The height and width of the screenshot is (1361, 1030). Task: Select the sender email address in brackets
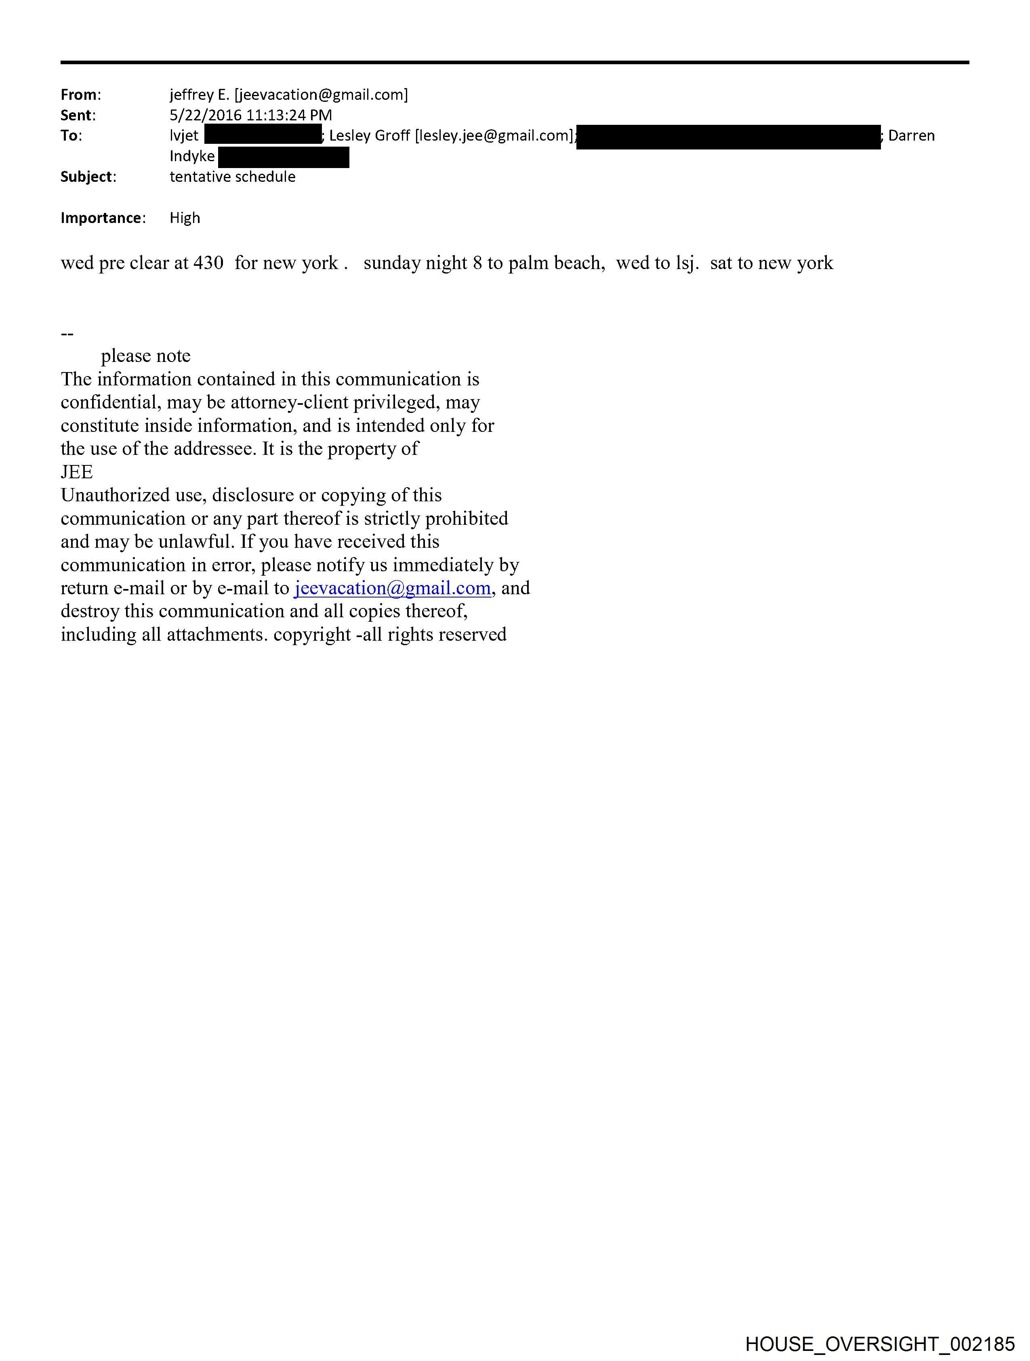[321, 95]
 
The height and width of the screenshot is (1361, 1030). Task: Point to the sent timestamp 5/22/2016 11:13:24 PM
[250, 115]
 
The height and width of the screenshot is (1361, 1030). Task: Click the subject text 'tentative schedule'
[233, 177]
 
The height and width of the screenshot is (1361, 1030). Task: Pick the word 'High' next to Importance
[185, 218]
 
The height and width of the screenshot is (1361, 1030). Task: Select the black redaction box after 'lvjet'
[263, 135]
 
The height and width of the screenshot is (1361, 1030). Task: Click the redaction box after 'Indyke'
[284, 157]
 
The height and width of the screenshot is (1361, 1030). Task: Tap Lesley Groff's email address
[495, 135]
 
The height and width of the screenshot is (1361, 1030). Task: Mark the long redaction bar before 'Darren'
[729, 137]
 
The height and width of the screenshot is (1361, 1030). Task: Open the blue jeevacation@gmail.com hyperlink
[393, 588]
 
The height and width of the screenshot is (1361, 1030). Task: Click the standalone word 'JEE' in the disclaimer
[77, 472]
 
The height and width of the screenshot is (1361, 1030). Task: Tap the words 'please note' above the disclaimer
[146, 356]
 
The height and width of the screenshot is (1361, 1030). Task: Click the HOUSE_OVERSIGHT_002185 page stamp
[880, 1344]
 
